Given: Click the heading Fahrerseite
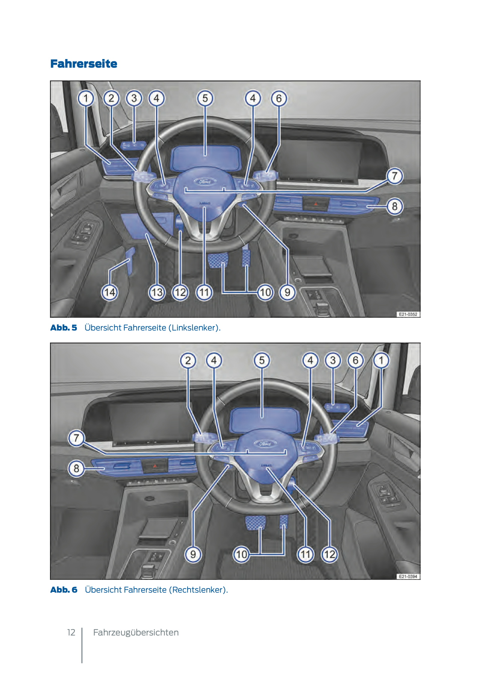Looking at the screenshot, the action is click(84, 64).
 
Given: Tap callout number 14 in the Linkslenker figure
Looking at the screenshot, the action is click(110, 292).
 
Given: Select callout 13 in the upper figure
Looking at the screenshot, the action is click(157, 292).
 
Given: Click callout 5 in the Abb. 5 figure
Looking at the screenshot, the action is click(205, 98).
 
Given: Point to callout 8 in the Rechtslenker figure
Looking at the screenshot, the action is click(76, 468).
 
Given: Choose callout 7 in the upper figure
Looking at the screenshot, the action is click(394, 176).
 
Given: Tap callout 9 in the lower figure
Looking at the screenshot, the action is click(193, 554).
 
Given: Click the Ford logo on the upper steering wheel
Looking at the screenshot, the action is click(205, 181).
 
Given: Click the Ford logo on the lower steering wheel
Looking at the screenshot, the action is click(265, 444).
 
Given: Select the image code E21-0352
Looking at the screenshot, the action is click(408, 314).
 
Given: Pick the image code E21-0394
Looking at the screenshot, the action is click(408, 576).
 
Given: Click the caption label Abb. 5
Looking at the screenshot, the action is click(64, 328).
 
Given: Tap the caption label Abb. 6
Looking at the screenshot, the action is click(64, 590).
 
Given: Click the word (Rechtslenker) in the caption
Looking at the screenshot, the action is click(198, 590).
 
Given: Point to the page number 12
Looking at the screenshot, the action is click(71, 632).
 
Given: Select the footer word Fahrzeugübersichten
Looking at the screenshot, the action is click(136, 632).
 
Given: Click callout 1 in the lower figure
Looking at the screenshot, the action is click(381, 360).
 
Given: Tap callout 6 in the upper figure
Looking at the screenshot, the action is click(279, 98).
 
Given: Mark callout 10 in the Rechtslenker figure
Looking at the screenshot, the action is click(241, 554).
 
